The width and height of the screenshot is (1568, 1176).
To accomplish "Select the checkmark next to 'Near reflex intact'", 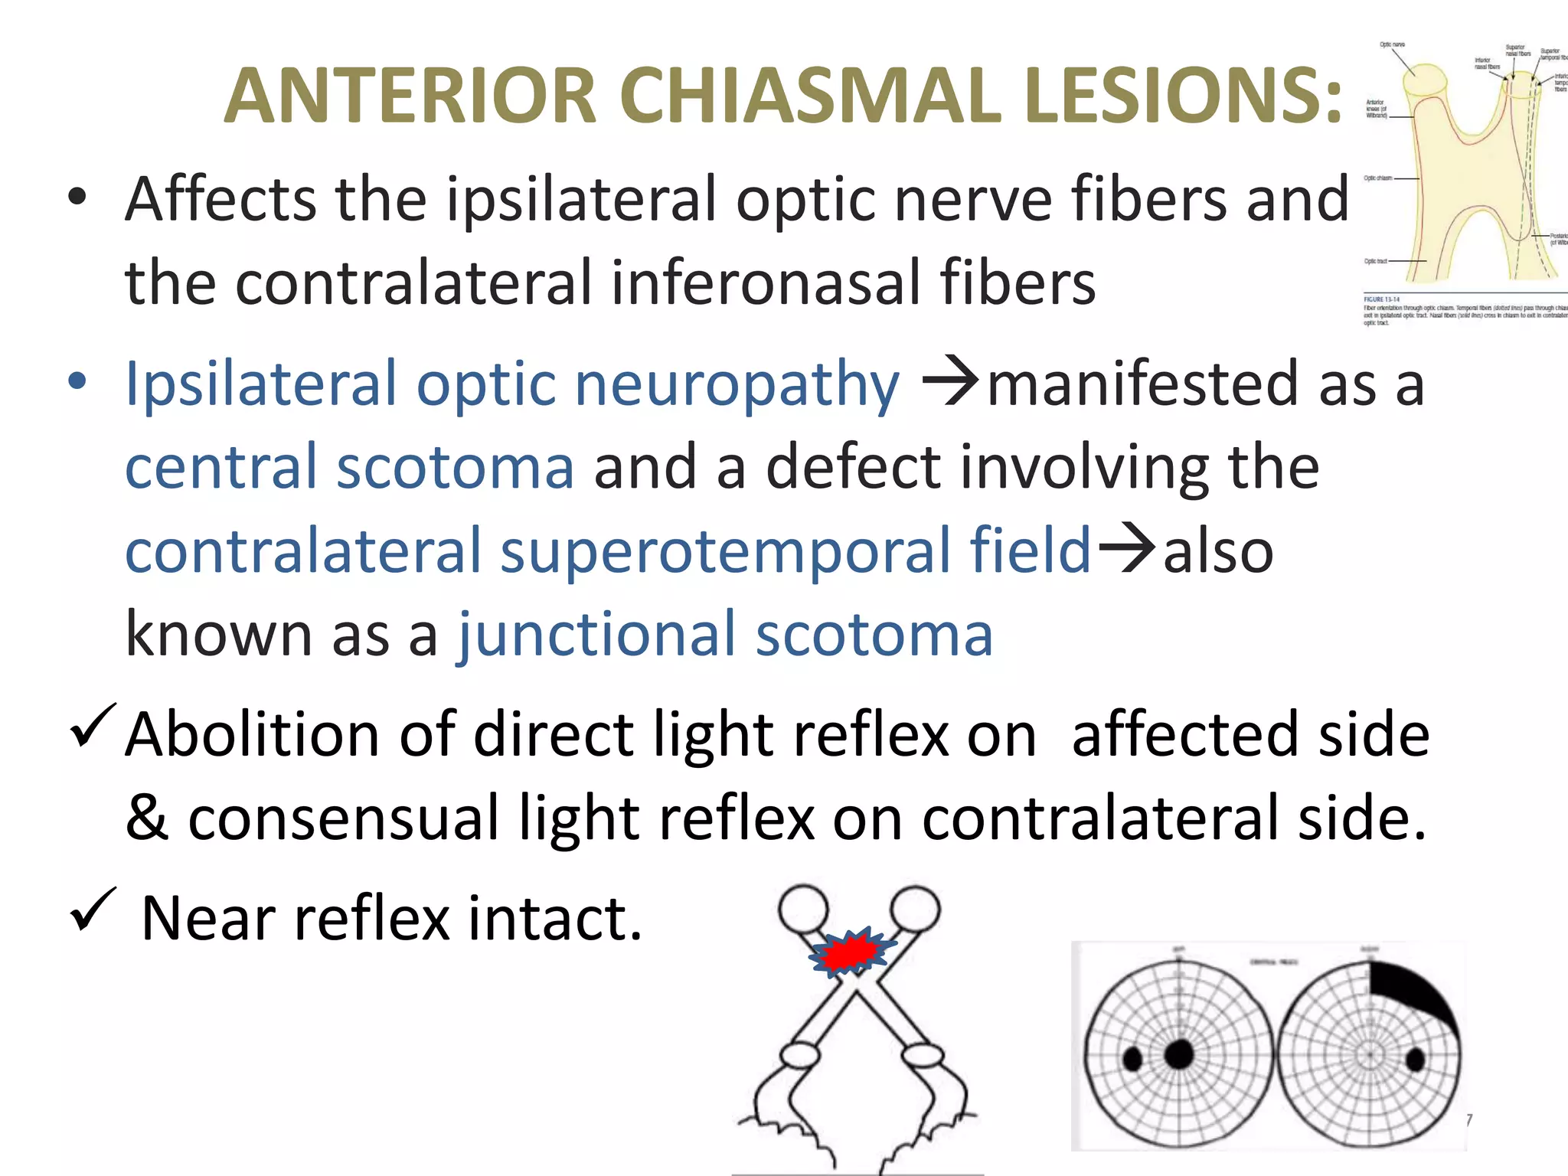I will (93, 909).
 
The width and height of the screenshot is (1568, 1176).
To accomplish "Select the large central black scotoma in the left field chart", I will (1179, 1054).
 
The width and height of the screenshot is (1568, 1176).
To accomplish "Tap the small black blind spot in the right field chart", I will (1415, 1060).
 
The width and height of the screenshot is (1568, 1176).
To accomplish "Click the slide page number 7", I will (1468, 1120).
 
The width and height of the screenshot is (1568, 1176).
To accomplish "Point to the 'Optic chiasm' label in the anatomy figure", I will (1378, 178).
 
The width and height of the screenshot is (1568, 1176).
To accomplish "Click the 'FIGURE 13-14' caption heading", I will (1381, 299).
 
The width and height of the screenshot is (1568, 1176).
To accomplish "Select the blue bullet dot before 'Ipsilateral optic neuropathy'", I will (77, 381).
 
